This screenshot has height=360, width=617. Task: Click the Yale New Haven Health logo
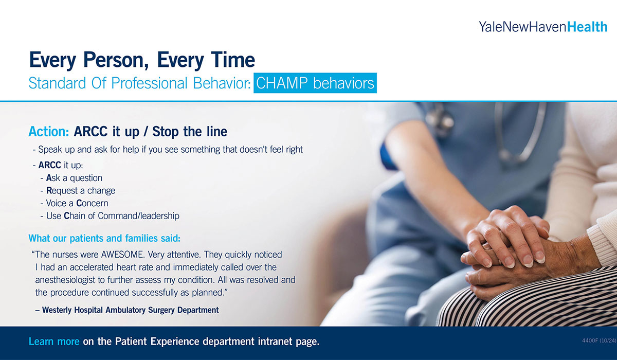(543, 27)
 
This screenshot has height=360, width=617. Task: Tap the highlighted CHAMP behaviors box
(315, 83)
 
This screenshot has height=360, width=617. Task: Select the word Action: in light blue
(49, 132)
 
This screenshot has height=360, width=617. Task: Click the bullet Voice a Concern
(77, 203)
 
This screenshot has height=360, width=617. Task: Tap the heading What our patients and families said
(105, 239)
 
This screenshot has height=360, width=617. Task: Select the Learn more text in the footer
(54, 341)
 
